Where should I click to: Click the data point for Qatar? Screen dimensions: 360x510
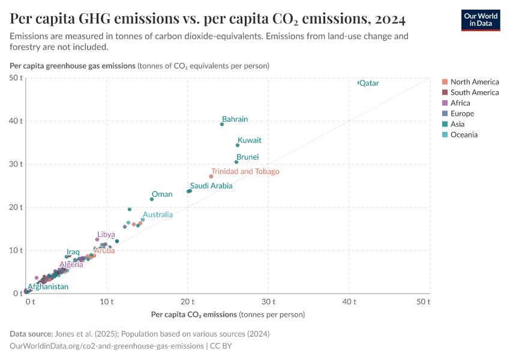(x=359, y=83)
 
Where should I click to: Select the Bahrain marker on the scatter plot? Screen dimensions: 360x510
(x=222, y=124)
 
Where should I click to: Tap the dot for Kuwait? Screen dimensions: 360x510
(x=238, y=145)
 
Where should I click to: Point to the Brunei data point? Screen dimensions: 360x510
(x=236, y=162)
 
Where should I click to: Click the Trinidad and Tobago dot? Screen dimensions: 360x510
(x=211, y=176)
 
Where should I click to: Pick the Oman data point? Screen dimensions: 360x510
(x=152, y=199)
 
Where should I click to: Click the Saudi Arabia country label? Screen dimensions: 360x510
(x=211, y=186)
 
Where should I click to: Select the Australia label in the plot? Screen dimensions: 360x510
(x=157, y=214)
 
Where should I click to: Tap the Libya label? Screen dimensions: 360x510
(x=106, y=234)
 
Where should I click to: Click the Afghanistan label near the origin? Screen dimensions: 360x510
(x=48, y=287)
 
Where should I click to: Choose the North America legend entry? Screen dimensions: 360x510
(x=474, y=82)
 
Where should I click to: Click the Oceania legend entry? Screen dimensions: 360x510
(x=464, y=134)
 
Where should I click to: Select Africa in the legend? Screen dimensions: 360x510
(x=461, y=103)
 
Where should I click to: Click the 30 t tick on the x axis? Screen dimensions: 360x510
(x=268, y=301)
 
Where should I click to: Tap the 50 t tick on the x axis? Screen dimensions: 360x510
(x=424, y=301)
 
